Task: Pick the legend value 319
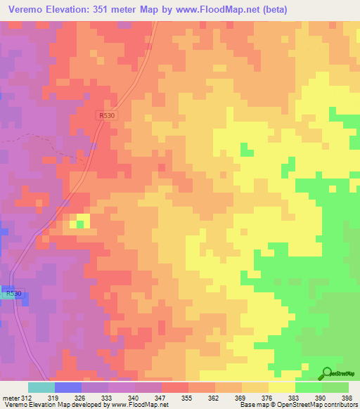click(x=55, y=397)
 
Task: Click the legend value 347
click(x=161, y=397)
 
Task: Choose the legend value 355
click(x=188, y=397)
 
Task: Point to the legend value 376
click(x=269, y=397)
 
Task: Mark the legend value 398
click(x=349, y=397)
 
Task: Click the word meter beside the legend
click(x=11, y=397)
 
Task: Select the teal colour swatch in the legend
click(x=41, y=387)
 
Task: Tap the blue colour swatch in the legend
click(x=68, y=387)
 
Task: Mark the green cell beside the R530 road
click(x=79, y=224)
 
